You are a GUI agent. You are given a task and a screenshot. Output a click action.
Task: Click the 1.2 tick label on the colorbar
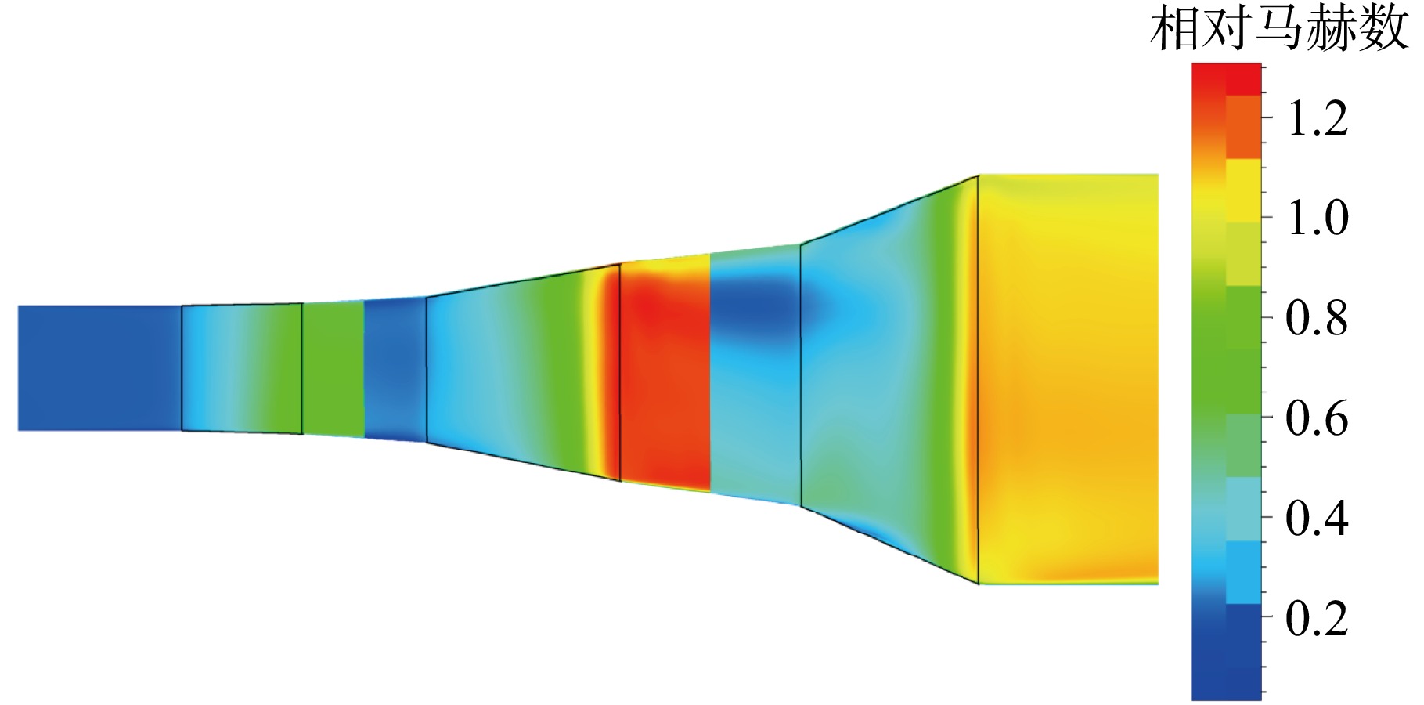[x=1318, y=119]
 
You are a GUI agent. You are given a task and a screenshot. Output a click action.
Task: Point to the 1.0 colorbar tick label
[x=1318, y=218]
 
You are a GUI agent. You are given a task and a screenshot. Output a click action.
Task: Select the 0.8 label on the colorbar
[x=1318, y=318]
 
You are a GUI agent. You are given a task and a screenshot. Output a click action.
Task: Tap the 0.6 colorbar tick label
[x=1318, y=418]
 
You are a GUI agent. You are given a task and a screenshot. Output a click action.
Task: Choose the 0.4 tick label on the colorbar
[x=1318, y=518]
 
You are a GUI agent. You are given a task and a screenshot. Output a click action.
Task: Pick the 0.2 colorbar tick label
[x=1318, y=618]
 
